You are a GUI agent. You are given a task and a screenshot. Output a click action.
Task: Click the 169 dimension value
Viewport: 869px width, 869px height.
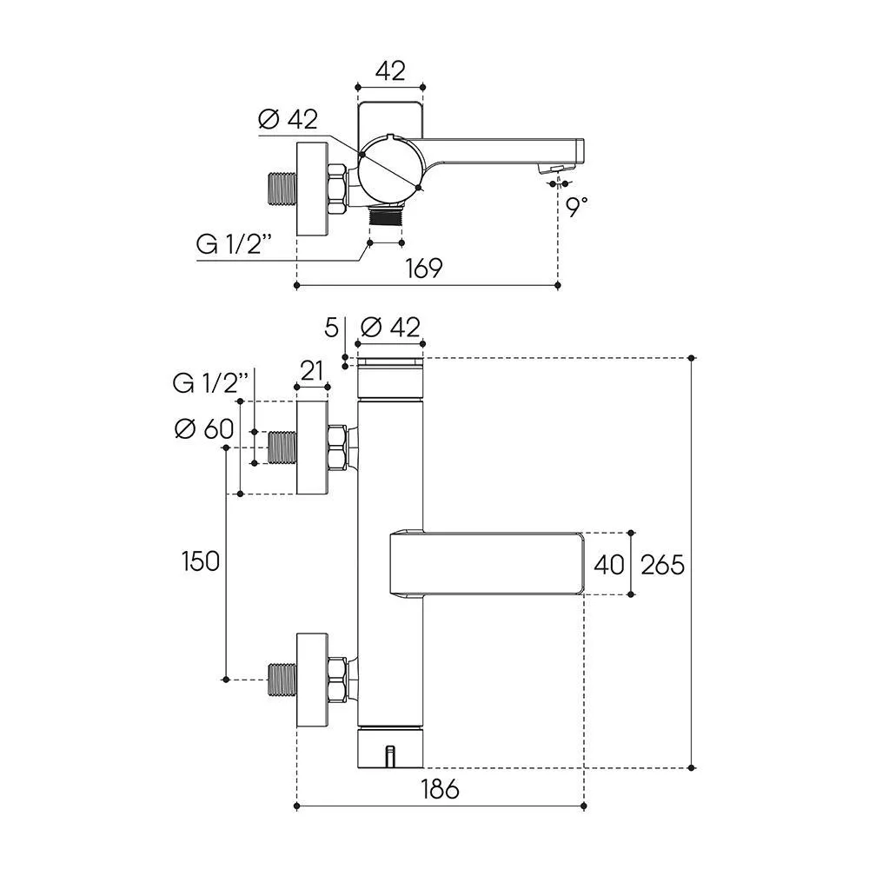[424, 269]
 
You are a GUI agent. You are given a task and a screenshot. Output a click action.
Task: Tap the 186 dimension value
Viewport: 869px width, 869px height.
[441, 789]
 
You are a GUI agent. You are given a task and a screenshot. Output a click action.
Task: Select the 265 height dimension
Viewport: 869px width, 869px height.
[663, 565]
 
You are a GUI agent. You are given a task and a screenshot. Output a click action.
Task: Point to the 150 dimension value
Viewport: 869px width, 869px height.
[201, 561]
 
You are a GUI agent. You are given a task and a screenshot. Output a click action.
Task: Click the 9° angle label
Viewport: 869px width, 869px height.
[576, 206]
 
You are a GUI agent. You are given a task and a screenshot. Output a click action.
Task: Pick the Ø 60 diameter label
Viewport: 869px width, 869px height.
[204, 428]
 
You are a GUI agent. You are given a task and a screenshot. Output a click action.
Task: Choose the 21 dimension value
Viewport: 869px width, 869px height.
[311, 371]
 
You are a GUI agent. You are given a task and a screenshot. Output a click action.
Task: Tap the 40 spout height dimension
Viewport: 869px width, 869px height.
[609, 565]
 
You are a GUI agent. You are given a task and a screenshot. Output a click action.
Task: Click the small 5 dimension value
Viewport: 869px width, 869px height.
[331, 328]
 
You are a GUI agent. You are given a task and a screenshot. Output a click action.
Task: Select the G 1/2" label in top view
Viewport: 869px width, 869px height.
[235, 244]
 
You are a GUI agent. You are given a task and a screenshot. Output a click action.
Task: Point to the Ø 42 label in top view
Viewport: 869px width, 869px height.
[289, 119]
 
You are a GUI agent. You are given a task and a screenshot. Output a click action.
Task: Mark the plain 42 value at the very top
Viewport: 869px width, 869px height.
[390, 71]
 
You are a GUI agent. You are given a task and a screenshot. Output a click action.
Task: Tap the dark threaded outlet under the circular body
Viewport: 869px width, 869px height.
[387, 215]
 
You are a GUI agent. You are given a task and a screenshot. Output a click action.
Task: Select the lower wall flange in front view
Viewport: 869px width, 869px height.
[313, 680]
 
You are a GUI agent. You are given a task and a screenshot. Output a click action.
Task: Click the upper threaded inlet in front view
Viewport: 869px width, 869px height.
[282, 448]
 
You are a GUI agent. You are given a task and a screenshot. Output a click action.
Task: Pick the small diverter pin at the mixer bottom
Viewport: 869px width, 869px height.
[390, 757]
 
